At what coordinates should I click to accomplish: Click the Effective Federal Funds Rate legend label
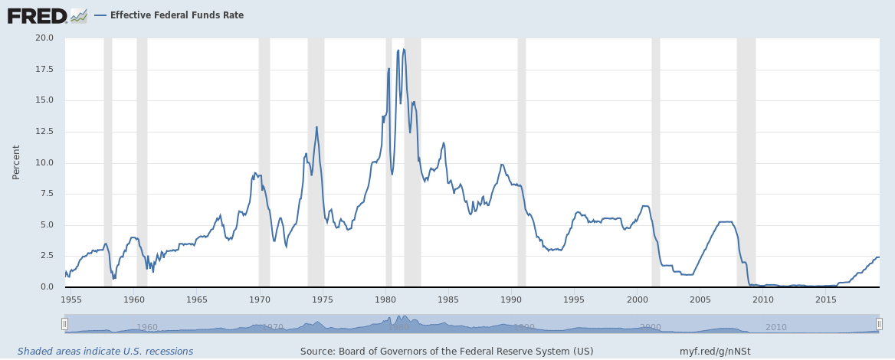point(176,15)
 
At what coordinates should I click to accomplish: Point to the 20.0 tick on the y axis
point(44,38)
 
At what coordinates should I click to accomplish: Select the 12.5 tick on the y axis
point(44,131)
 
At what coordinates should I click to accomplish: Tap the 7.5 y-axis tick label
point(47,193)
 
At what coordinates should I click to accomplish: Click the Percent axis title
point(16,162)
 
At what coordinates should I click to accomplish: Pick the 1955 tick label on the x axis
point(72,299)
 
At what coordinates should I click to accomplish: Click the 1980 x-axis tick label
point(386,299)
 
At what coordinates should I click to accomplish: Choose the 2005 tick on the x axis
point(700,299)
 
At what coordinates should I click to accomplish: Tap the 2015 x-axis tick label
point(826,299)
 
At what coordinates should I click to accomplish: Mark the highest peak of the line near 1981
point(404,49)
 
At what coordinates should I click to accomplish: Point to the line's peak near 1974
point(316,127)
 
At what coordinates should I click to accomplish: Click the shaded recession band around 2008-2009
point(746,162)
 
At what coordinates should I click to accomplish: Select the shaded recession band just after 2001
point(656,162)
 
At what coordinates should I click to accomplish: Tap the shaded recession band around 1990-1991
point(522,162)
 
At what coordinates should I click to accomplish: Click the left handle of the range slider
point(64,323)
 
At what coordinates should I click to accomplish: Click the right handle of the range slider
point(879,323)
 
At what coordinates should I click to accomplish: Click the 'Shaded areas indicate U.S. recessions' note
point(106,352)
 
